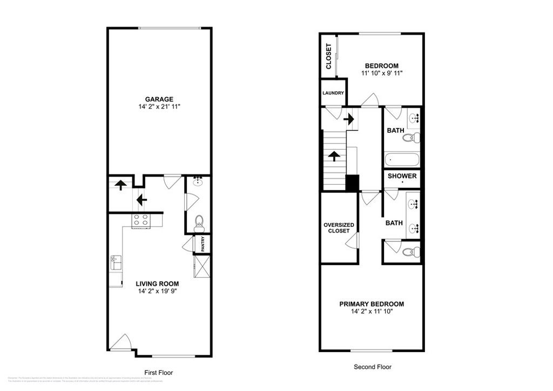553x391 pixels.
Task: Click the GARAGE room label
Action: pos(159,99)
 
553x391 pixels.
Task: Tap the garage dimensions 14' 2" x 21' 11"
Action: pos(159,107)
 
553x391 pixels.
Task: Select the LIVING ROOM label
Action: pos(157,284)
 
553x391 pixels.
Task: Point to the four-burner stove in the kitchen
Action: pos(141,220)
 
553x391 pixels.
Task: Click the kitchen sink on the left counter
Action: pos(115,263)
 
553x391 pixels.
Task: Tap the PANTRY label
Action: pos(203,244)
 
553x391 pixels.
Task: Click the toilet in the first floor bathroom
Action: pos(199,221)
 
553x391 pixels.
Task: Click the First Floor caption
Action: pos(159,373)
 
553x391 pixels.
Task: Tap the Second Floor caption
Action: pos(372,367)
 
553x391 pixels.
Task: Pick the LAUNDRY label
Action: pos(333,93)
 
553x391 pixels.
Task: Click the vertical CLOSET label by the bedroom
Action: pos(328,56)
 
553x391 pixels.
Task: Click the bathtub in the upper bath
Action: pos(401,160)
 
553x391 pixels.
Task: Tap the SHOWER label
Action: pos(402,176)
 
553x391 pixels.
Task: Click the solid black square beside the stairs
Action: pos(352,183)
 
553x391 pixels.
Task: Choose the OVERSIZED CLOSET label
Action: pos(339,228)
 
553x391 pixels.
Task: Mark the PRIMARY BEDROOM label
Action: pos(372,304)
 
